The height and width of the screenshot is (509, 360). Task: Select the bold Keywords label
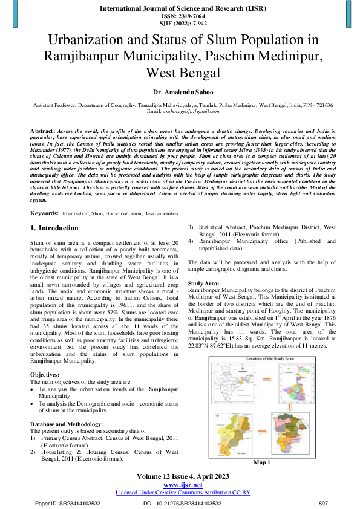click(44, 214)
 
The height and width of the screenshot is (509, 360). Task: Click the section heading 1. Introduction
click(54, 228)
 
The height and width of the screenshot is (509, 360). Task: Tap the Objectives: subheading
click(45, 375)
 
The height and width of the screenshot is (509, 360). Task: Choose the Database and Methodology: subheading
click(67, 424)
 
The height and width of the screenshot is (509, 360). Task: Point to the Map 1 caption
click(261, 462)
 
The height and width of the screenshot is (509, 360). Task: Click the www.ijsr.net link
click(183, 485)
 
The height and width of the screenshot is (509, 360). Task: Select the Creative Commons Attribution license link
click(183, 493)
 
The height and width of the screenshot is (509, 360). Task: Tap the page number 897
click(323, 503)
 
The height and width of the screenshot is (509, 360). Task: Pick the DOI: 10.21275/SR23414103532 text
click(182, 503)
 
